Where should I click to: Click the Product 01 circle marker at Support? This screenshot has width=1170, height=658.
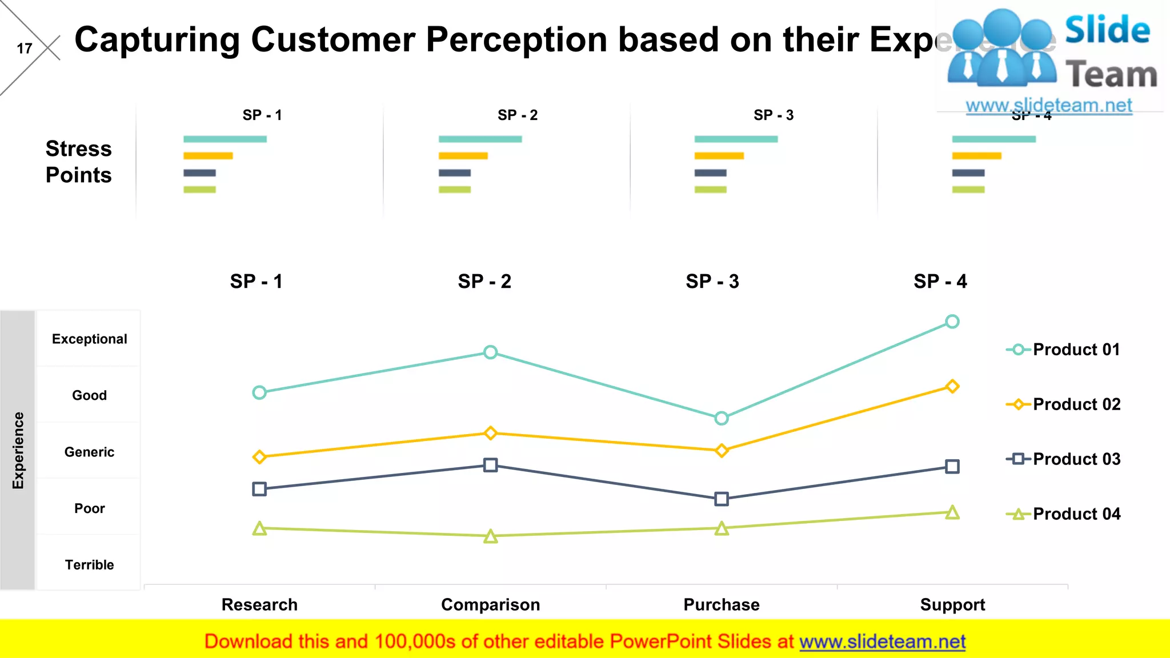pos(952,322)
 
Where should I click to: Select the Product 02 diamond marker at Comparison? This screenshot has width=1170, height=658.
pos(490,433)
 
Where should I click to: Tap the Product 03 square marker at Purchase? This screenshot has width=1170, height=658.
pos(721,499)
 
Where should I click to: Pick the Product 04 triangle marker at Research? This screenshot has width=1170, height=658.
pos(259,528)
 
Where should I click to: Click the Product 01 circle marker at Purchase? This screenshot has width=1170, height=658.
pos(721,418)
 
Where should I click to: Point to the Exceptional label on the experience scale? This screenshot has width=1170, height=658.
pos(89,339)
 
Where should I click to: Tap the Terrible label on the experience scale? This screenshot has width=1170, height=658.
pos(89,565)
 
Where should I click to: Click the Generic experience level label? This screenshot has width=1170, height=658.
pos(89,452)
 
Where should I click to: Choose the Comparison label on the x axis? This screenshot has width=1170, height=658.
pos(490,604)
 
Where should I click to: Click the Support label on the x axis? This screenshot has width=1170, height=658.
pos(952,604)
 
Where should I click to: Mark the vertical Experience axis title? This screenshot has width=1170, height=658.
pos(18,450)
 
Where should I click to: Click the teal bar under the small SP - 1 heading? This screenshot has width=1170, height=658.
pos(225,139)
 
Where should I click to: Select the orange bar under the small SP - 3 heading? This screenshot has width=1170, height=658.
pos(719,156)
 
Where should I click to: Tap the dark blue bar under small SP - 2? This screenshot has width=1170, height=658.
pos(454,172)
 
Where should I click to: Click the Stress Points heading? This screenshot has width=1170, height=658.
pos(78,162)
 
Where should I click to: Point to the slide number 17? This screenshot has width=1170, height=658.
pos(25,49)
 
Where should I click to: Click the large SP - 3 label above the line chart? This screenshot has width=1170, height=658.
pos(712,281)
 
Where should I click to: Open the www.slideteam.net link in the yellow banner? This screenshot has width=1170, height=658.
pos(882,641)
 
